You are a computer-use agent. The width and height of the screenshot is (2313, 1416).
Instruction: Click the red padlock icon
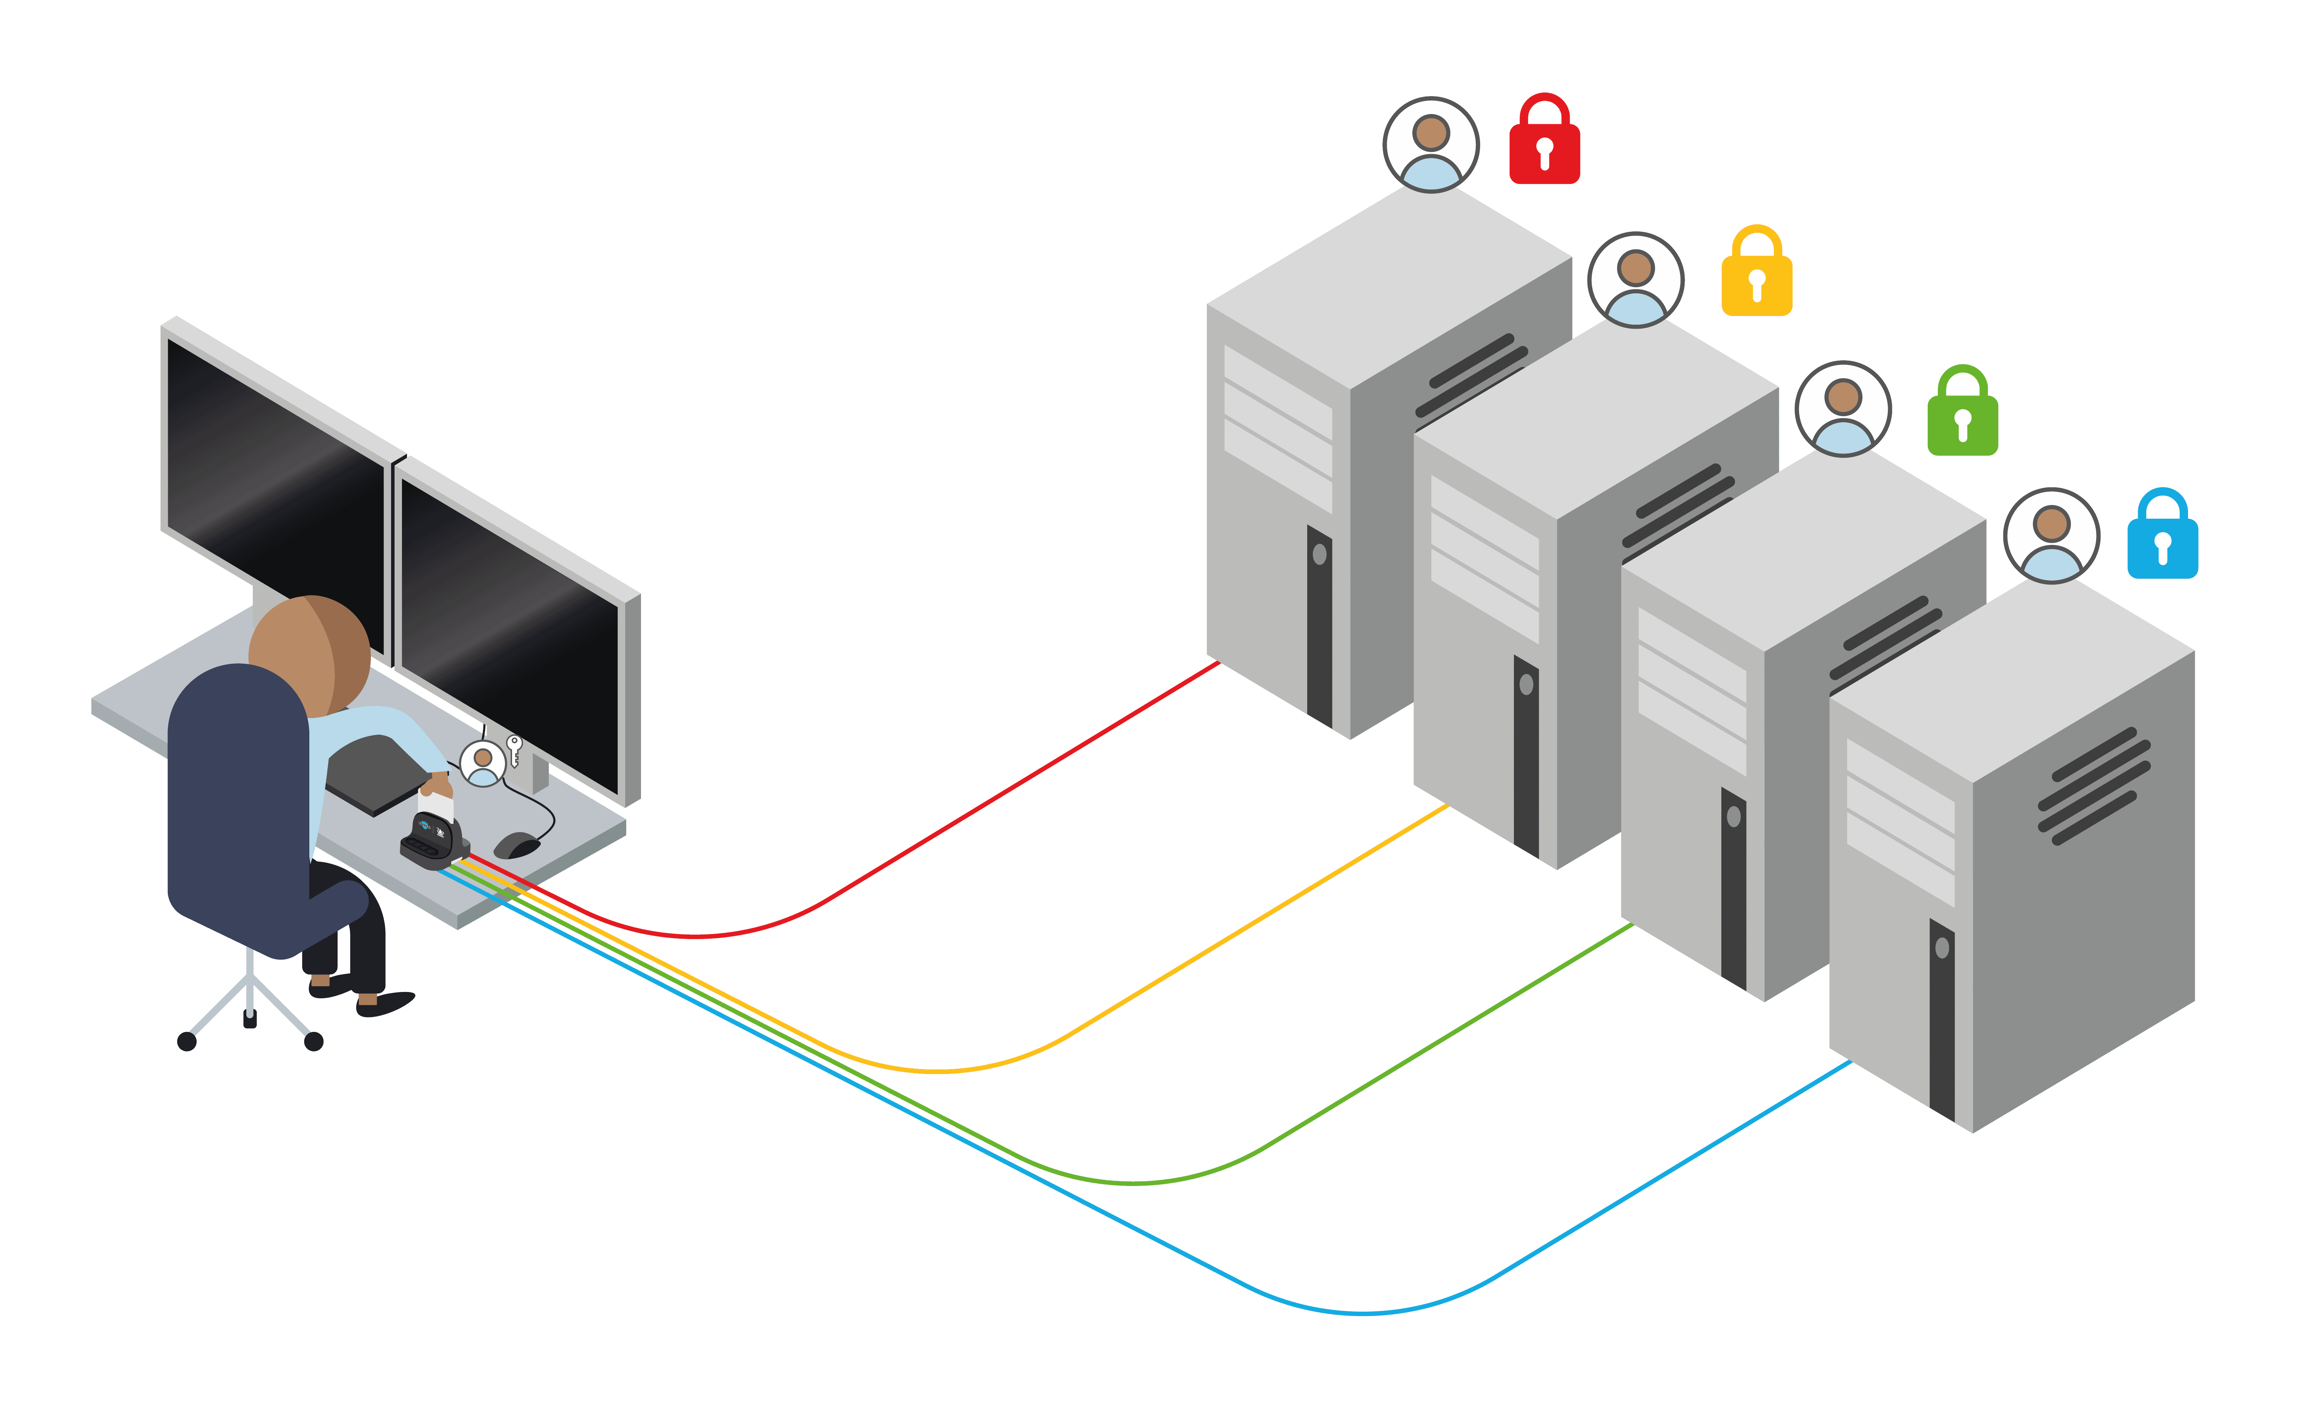coord(1544,143)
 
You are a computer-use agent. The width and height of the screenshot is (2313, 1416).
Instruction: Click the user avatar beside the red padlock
coord(1431,145)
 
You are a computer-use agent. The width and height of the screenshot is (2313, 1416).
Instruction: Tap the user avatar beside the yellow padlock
coord(1635,280)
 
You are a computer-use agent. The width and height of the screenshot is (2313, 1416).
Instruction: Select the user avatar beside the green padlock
coord(1843,409)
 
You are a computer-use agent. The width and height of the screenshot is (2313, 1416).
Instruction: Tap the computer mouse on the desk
coord(516,844)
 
